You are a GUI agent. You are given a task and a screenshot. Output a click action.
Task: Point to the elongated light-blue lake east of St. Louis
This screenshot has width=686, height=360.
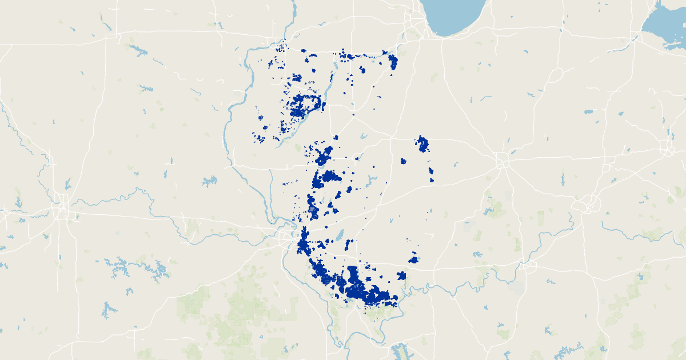pyautogui.click(x=340, y=235)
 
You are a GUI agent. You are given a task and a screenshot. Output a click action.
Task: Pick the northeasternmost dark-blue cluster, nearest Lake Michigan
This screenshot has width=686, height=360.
pyautogui.click(x=393, y=61)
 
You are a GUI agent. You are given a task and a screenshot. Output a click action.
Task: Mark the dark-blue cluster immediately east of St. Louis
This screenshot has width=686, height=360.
pyautogui.click(x=302, y=245)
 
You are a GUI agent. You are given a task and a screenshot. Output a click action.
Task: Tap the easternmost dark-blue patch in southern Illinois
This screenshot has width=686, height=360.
pyautogui.click(x=413, y=259)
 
